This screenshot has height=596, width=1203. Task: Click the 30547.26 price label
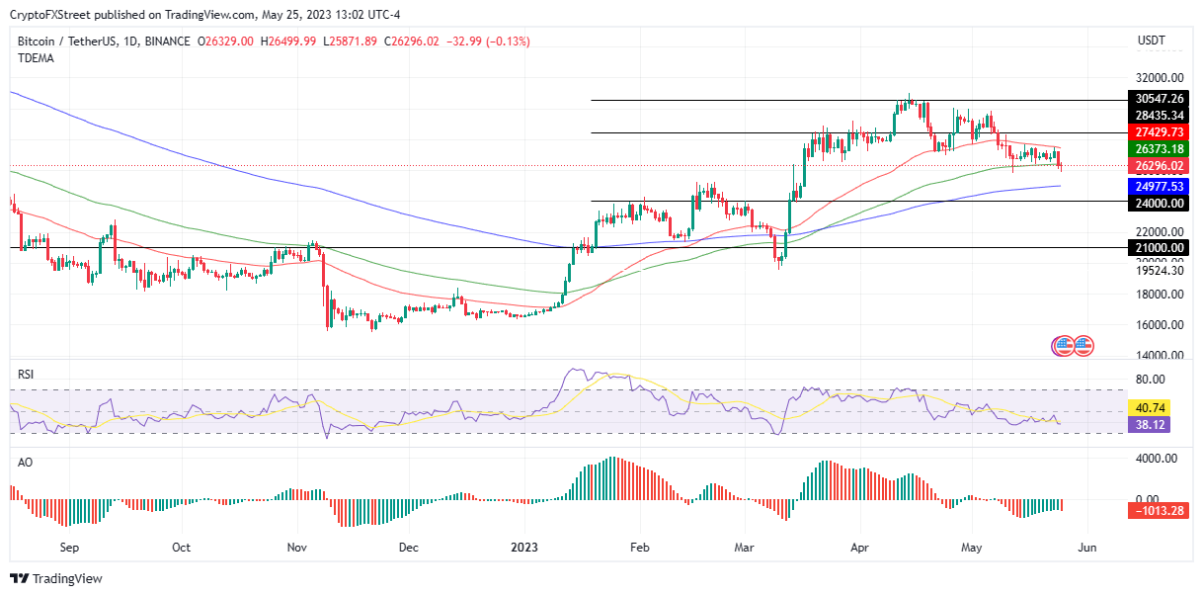(x=1160, y=99)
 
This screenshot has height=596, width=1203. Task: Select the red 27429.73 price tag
(x=1160, y=131)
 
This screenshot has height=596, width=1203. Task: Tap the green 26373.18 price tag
(x=1160, y=148)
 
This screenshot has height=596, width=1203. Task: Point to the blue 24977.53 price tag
(x=1160, y=185)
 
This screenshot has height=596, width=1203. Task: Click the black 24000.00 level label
(x=1160, y=203)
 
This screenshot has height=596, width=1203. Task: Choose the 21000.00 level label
(x=1160, y=247)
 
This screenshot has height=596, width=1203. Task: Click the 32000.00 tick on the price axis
(x=1160, y=78)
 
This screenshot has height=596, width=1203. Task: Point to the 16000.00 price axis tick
(x=1160, y=325)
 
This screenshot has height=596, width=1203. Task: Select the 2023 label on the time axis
(x=524, y=547)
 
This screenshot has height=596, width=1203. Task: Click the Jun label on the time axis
(x=1086, y=547)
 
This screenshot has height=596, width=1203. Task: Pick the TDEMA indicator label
(x=36, y=58)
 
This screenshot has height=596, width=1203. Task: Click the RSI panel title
(x=28, y=375)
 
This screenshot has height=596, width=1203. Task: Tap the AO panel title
(x=27, y=462)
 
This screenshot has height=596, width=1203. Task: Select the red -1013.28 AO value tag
(x=1160, y=510)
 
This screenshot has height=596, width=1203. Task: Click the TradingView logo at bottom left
(x=56, y=578)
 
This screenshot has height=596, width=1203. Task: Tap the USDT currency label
(x=1152, y=41)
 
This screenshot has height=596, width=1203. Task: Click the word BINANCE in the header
(x=167, y=41)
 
